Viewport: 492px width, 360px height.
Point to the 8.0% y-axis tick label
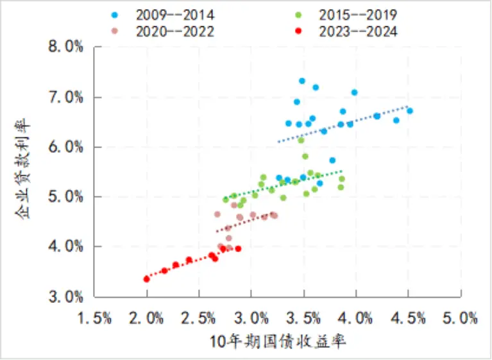65,47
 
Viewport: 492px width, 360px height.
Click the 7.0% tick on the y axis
65,98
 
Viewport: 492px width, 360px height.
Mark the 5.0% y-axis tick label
65,197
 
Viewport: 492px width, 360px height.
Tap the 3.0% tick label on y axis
65,296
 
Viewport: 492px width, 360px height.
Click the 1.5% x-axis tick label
94,318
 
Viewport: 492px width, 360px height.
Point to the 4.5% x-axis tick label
408,318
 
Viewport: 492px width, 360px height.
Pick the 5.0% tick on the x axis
461,318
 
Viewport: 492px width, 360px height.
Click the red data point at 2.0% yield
147,279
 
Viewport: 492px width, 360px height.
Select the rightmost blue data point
410,111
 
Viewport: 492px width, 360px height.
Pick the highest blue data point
302,81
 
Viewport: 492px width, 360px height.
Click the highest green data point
301,140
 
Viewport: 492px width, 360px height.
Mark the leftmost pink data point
217,214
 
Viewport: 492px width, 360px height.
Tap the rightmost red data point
238,248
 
